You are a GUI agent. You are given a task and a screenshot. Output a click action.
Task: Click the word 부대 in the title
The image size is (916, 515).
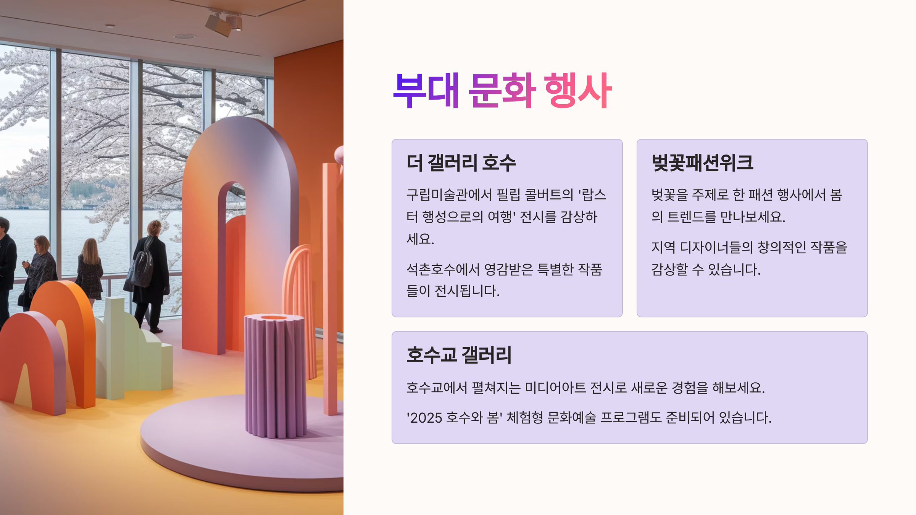point(426,91)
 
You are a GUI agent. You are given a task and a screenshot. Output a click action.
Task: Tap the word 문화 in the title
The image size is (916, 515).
point(502,91)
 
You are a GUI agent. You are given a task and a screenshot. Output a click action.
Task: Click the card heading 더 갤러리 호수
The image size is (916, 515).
point(461,163)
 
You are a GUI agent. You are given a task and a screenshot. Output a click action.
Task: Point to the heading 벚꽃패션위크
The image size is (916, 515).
point(702,163)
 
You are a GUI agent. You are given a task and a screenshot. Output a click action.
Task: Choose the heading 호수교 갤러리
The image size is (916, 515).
point(459,355)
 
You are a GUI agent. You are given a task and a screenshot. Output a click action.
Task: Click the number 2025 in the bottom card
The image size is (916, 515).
point(426,418)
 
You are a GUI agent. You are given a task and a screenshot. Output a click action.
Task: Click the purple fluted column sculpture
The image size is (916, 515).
point(275,376)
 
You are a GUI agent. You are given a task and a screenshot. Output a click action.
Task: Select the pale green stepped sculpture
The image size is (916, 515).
point(134,351)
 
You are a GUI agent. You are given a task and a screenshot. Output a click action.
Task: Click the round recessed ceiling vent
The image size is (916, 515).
point(184,37)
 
